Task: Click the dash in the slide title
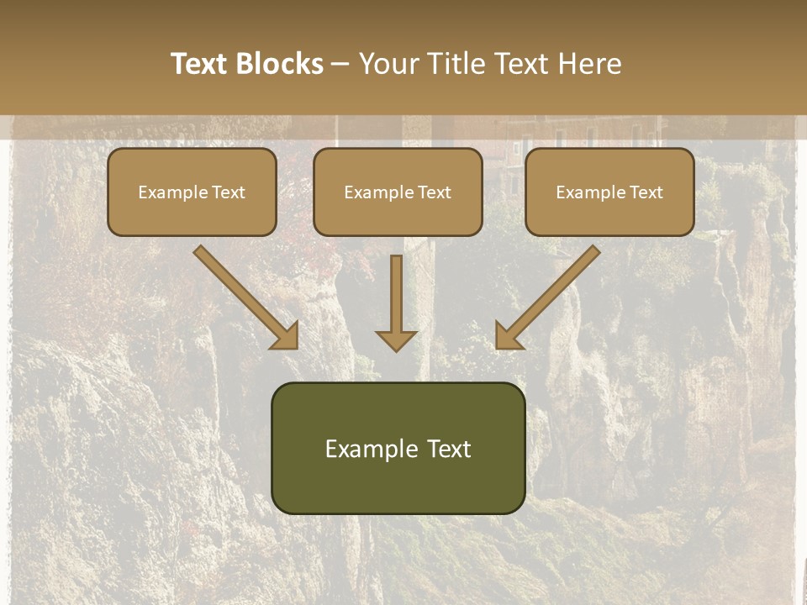pyautogui.click(x=340, y=65)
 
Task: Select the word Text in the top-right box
pyautogui.click(x=646, y=192)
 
